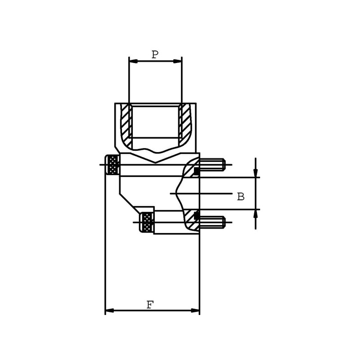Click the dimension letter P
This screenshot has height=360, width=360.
click(x=155, y=54)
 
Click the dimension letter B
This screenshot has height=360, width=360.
click(x=241, y=197)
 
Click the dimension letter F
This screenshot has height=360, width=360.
click(x=150, y=305)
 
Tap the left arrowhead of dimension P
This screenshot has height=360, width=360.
click(x=133, y=61)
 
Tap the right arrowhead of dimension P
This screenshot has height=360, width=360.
click(x=177, y=61)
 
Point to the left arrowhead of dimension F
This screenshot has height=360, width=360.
click(x=109, y=310)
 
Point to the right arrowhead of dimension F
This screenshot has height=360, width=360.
click(x=195, y=310)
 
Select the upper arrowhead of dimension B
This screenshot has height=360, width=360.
click(x=256, y=173)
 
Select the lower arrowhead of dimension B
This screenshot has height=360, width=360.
click(x=256, y=214)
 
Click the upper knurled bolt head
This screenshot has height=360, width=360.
click(x=112, y=165)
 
